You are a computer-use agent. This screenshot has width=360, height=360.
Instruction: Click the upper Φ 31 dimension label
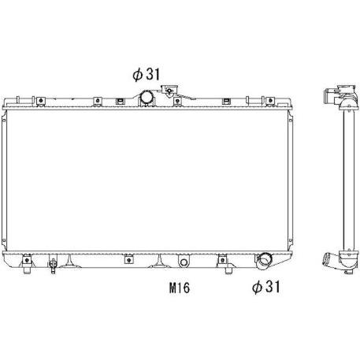tap(147, 74)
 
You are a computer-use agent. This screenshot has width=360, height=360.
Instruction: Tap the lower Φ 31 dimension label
tap(266, 287)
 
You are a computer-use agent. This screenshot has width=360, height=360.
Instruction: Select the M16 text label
tap(180, 288)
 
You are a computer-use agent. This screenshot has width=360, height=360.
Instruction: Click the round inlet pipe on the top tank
tap(147, 98)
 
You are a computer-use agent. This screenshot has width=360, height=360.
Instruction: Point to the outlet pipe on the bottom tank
tap(264, 261)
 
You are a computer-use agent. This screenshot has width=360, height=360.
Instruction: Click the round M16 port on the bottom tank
tap(184, 262)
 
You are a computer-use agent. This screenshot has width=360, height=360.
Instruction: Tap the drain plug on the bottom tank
tap(53, 265)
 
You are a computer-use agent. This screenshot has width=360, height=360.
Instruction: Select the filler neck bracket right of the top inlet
tap(169, 91)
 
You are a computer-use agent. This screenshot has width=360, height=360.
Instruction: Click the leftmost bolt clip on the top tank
tap(40, 101)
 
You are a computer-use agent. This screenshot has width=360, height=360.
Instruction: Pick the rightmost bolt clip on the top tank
tap(269, 101)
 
